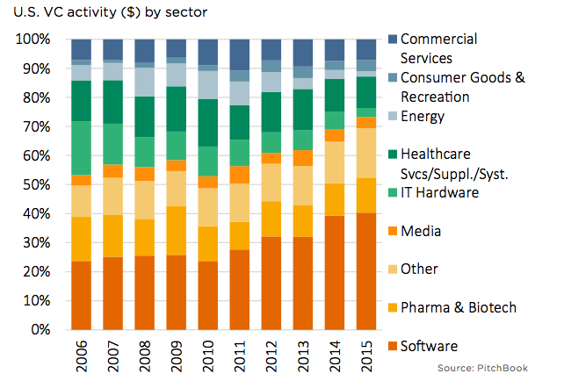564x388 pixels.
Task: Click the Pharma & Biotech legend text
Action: tap(458, 308)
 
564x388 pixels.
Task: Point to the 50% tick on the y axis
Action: tap(35, 184)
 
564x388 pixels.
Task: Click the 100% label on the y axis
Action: tap(32, 40)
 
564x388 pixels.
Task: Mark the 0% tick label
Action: tap(39, 330)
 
